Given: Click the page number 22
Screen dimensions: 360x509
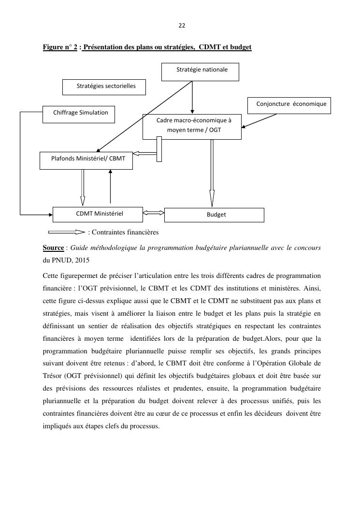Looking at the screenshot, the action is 182,26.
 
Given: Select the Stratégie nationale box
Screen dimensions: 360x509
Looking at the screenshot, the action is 200,72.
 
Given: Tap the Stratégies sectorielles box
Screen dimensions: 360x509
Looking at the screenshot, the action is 104,87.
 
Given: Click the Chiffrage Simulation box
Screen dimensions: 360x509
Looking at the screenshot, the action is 79,114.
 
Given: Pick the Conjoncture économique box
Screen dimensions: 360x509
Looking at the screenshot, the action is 289,105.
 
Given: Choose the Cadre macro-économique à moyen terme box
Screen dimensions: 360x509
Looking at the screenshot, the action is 192,127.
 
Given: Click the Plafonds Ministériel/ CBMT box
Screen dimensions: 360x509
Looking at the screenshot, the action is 86,160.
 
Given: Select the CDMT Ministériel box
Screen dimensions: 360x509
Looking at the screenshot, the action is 98,215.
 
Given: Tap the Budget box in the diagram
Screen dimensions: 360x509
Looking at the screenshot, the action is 214,215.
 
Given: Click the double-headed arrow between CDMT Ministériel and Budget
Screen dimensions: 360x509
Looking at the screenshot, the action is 154,213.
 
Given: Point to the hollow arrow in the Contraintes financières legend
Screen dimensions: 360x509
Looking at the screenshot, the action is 67,232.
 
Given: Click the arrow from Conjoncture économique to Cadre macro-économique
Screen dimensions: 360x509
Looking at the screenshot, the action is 259,121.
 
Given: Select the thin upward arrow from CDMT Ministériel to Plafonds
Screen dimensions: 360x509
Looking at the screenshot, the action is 110,186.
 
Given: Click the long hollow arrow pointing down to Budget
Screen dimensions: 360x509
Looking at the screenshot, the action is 212,173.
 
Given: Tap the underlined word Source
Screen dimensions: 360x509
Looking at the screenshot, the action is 53,247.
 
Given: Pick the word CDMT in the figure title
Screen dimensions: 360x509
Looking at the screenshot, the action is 210,47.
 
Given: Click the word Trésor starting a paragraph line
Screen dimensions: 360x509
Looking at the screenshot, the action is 52,376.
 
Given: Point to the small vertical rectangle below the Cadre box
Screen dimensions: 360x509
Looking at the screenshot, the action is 159,149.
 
